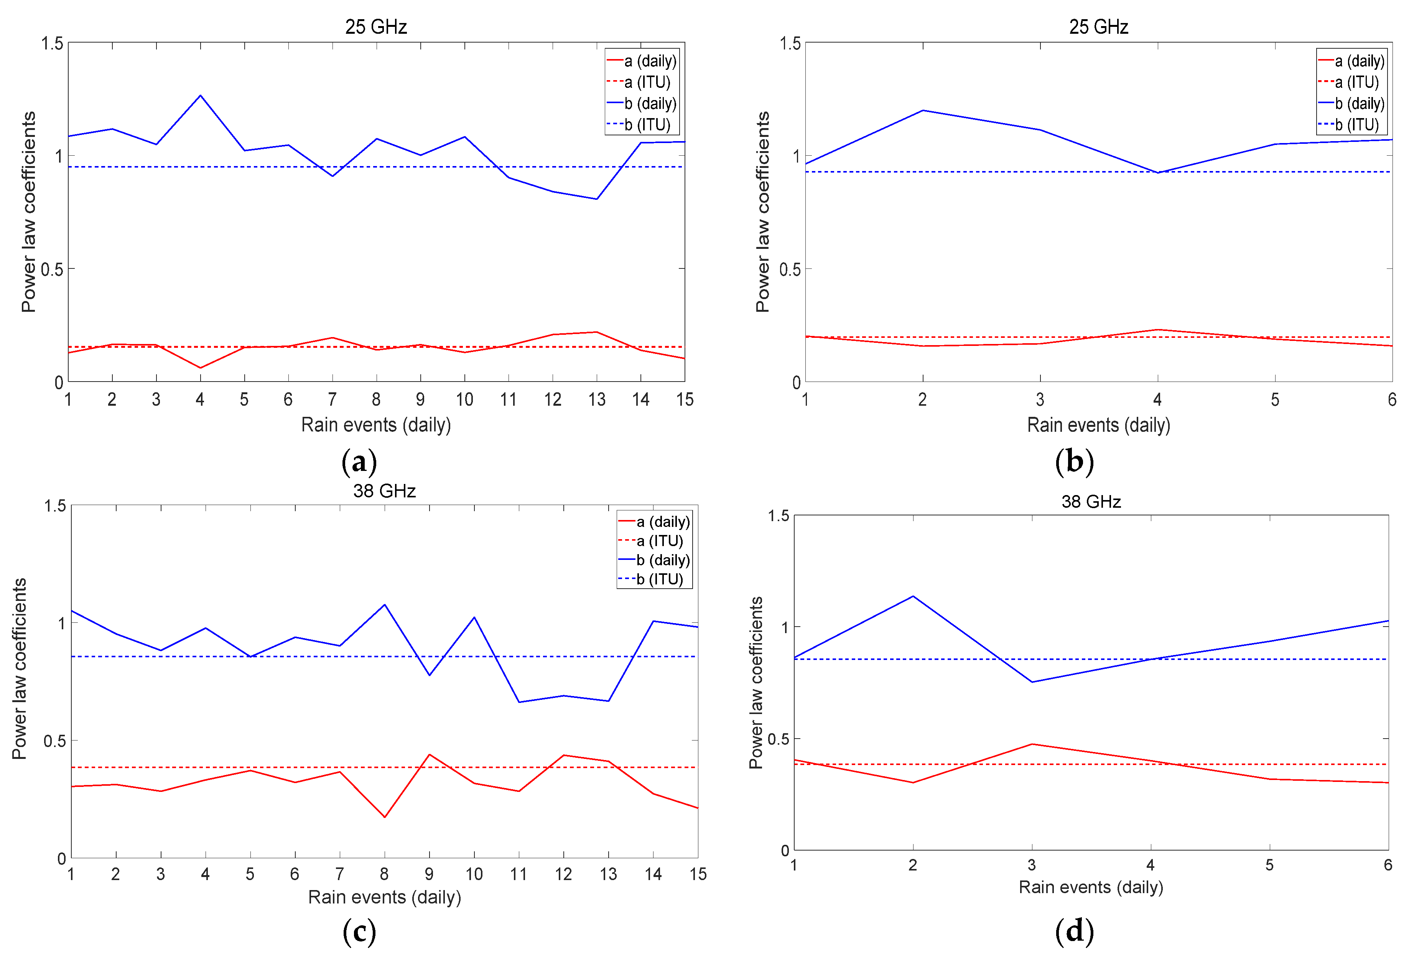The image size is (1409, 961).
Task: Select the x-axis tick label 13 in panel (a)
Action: point(597,400)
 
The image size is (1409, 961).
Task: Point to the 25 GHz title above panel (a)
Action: point(376,27)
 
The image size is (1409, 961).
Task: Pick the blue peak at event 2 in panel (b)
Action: point(923,110)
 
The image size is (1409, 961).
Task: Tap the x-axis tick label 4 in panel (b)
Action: point(1157,400)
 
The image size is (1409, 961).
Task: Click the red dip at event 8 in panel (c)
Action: point(384,817)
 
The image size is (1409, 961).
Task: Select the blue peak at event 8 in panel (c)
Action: point(384,604)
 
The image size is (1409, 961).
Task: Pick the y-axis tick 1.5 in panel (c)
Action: point(54,506)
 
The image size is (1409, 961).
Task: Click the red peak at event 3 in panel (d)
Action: point(1032,744)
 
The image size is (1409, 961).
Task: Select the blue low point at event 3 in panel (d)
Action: point(1032,682)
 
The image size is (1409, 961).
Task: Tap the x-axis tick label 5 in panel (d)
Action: point(1269,865)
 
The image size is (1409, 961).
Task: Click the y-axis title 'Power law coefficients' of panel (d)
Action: point(756,683)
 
